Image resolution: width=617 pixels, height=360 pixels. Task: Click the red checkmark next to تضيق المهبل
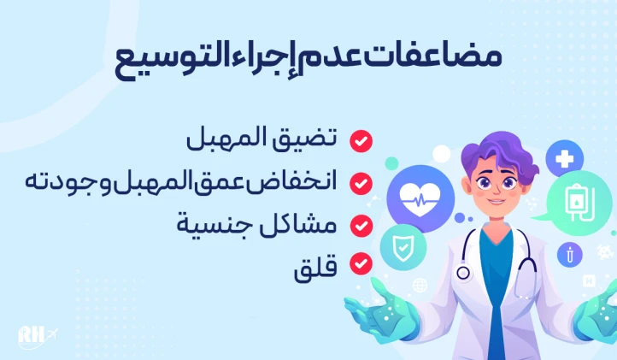tap(361, 140)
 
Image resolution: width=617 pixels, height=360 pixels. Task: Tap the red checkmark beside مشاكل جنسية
tap(361, 225)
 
